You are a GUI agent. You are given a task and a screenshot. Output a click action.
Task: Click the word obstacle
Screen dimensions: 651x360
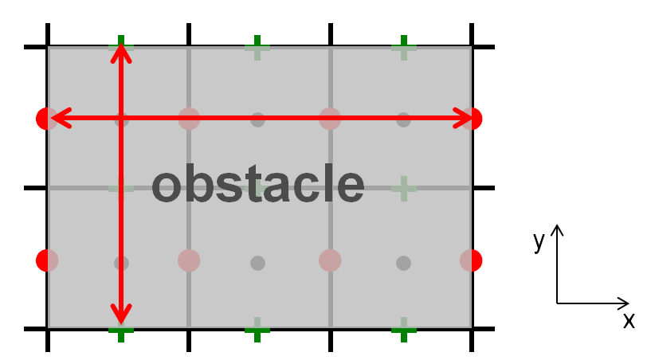[x=258, y=183]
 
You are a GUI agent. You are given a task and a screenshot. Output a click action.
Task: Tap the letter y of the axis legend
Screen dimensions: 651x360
[x=539, y=241]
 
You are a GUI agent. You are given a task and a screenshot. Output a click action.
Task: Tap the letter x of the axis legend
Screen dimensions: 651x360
[x=629, y=320]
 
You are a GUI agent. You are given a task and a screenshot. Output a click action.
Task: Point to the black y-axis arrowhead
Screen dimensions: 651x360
[x=557, y=230]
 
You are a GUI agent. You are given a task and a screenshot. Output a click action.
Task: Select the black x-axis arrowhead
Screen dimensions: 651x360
[x=624, y=303]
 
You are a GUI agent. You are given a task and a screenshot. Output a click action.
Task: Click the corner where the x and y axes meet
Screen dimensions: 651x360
[x=557, y=303]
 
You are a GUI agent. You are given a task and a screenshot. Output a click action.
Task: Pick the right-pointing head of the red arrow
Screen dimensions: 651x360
[x=462, y=119]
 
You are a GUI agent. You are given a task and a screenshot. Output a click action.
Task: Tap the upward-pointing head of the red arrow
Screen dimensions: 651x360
[x=121, y=54]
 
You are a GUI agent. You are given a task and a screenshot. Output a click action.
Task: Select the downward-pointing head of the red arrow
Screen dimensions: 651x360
[x=121, y=314]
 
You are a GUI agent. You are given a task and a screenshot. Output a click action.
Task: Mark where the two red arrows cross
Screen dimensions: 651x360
[x=121, y=119]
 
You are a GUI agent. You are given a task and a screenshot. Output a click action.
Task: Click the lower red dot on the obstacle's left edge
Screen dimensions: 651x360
[x=47, y=260]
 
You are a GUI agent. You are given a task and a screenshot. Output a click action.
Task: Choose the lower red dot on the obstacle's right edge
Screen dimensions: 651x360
[x=471, y=260]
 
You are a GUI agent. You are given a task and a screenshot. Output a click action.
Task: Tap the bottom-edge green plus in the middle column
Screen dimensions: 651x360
[x=257, y=330]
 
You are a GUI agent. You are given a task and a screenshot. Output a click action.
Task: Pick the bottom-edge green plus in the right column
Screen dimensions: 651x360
[x=404, y=330]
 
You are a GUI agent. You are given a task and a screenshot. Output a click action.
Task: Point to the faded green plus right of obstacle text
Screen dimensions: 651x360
[x=404, y=189]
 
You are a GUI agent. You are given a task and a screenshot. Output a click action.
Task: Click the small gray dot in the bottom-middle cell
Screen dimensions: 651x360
[x=258, y=263]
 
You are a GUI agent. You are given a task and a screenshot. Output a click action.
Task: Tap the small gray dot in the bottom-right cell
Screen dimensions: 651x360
[x=403, y=263]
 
